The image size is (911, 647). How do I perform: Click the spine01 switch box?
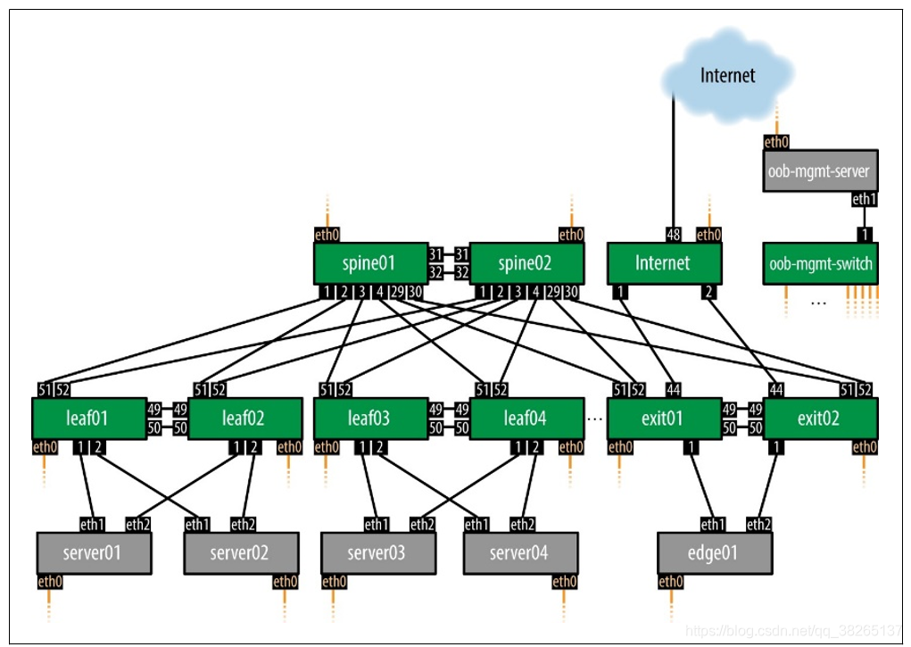369,263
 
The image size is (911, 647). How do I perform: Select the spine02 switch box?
526,263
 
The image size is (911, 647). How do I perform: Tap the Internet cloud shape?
727,75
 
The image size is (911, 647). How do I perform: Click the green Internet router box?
663,263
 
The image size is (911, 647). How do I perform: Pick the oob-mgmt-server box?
820,170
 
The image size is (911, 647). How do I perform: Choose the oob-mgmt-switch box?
820,263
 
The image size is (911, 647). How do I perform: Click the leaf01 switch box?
88,418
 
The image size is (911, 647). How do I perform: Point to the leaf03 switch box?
369,418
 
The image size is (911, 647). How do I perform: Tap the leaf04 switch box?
526,418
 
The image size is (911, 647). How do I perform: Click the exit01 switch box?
663,418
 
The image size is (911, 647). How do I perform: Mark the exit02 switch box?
820,418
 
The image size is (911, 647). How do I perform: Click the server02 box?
240,553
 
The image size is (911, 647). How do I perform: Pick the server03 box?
377,553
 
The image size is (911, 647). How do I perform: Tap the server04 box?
519,553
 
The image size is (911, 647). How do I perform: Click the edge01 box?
714,553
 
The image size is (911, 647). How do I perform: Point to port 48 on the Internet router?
675,235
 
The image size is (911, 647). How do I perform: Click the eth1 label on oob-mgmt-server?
864,199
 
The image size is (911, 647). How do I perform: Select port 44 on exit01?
675,389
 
